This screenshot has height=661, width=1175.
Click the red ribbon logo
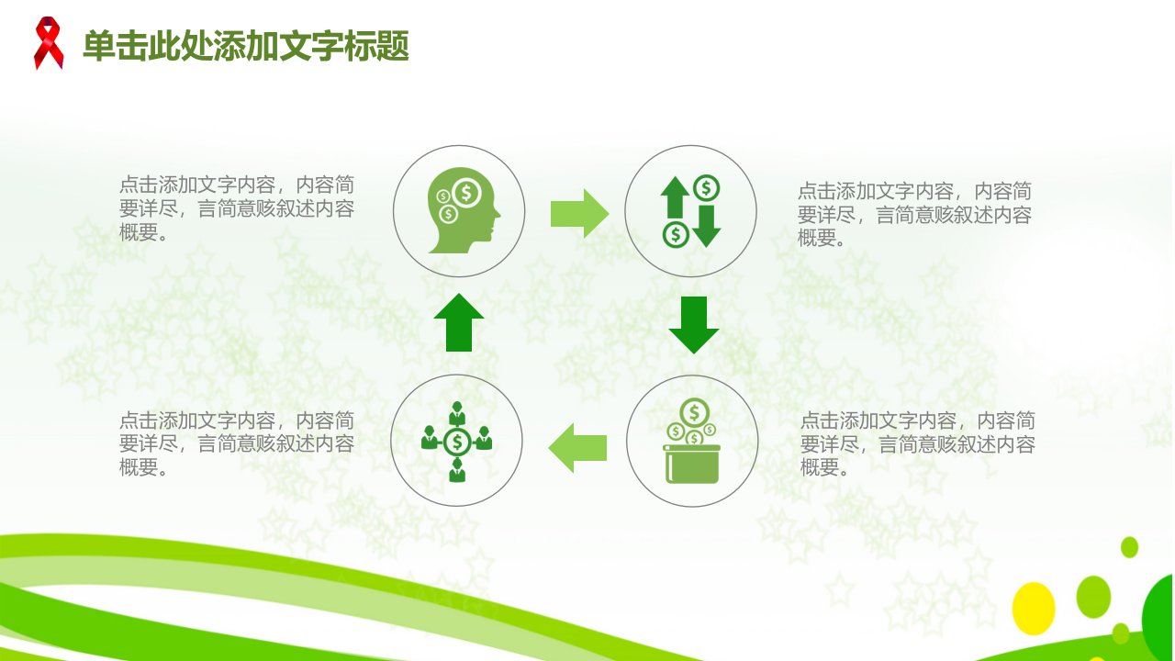(49, 43)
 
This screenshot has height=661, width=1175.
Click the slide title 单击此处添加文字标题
(246, 46)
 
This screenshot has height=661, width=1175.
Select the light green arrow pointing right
(579, 214)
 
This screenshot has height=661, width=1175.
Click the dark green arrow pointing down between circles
(693, 325)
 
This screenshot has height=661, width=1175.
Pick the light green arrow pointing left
(577, 448)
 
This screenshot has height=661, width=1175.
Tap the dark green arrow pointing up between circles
(459, 322)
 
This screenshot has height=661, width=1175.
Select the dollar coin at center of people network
(457, 443)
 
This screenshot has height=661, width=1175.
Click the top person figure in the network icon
(457, 413)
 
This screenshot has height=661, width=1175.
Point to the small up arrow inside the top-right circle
(675, 197)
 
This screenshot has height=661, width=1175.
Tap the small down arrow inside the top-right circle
(707, 226)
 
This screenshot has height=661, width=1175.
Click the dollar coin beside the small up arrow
(706, 188)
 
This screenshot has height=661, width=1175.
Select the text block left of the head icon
(237, 208)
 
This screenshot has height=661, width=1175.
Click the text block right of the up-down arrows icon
(915, 214)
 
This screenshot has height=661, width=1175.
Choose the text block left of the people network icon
(237, 443)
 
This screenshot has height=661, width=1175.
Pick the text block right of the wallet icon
(917, 443)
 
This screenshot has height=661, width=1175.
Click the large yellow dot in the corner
(1034, 609)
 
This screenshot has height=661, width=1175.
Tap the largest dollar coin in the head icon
(466, 193)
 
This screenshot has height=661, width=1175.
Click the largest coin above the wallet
(694, 412)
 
